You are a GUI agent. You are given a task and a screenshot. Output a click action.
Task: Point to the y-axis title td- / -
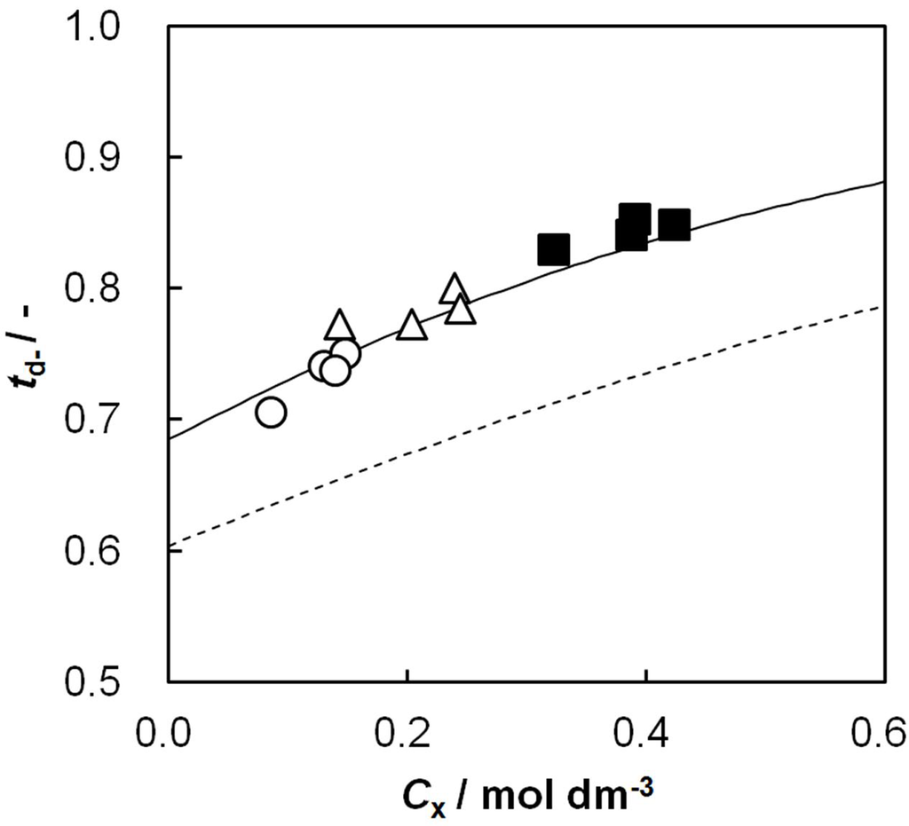(33, 353)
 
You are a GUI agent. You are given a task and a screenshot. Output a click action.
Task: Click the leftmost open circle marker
(271, 412)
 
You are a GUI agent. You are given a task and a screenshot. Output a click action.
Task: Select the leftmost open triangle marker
(340, 326)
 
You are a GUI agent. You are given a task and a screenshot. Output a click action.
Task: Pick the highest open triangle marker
(454, 288)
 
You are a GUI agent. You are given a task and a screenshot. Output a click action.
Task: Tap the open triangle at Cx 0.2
(412, 326)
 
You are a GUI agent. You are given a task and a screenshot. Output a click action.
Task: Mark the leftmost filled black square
(554, 249)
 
